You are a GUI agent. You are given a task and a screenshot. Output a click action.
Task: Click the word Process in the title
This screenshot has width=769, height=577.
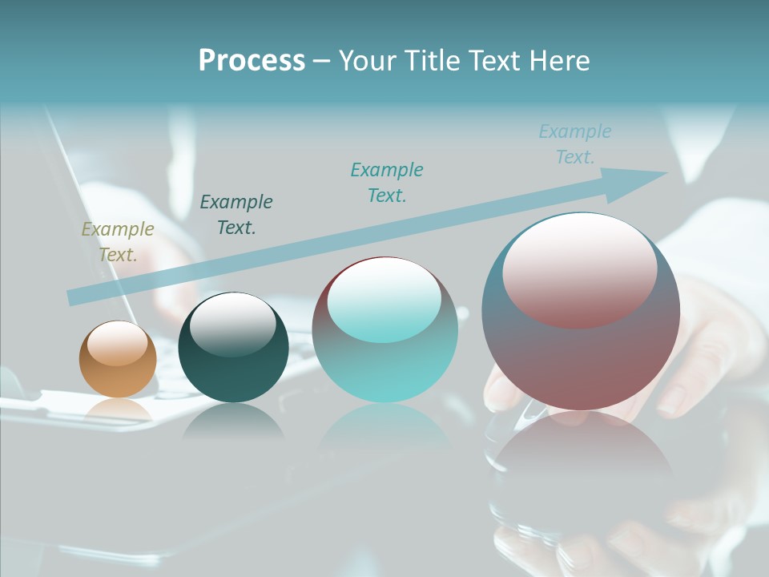(x=252, y=61)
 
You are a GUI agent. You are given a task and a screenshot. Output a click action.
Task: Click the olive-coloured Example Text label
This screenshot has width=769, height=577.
(x=118, y=242)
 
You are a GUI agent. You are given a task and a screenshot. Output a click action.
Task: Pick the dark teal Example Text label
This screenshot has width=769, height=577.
(x=236, y=215)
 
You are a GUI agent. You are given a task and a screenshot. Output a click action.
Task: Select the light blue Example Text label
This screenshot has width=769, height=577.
(x=575, y=144)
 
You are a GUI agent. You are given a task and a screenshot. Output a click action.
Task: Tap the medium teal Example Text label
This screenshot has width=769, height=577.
(x=387, y=183)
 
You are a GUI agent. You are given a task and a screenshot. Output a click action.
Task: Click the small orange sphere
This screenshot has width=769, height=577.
(x=118, y=377)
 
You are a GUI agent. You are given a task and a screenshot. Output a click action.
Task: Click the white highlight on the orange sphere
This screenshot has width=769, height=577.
(x=118, y=343)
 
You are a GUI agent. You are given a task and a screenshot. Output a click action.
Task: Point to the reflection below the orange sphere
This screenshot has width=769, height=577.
(x=118, y=410)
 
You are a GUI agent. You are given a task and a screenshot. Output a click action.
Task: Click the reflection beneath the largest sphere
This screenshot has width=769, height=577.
(x=581, y=473)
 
